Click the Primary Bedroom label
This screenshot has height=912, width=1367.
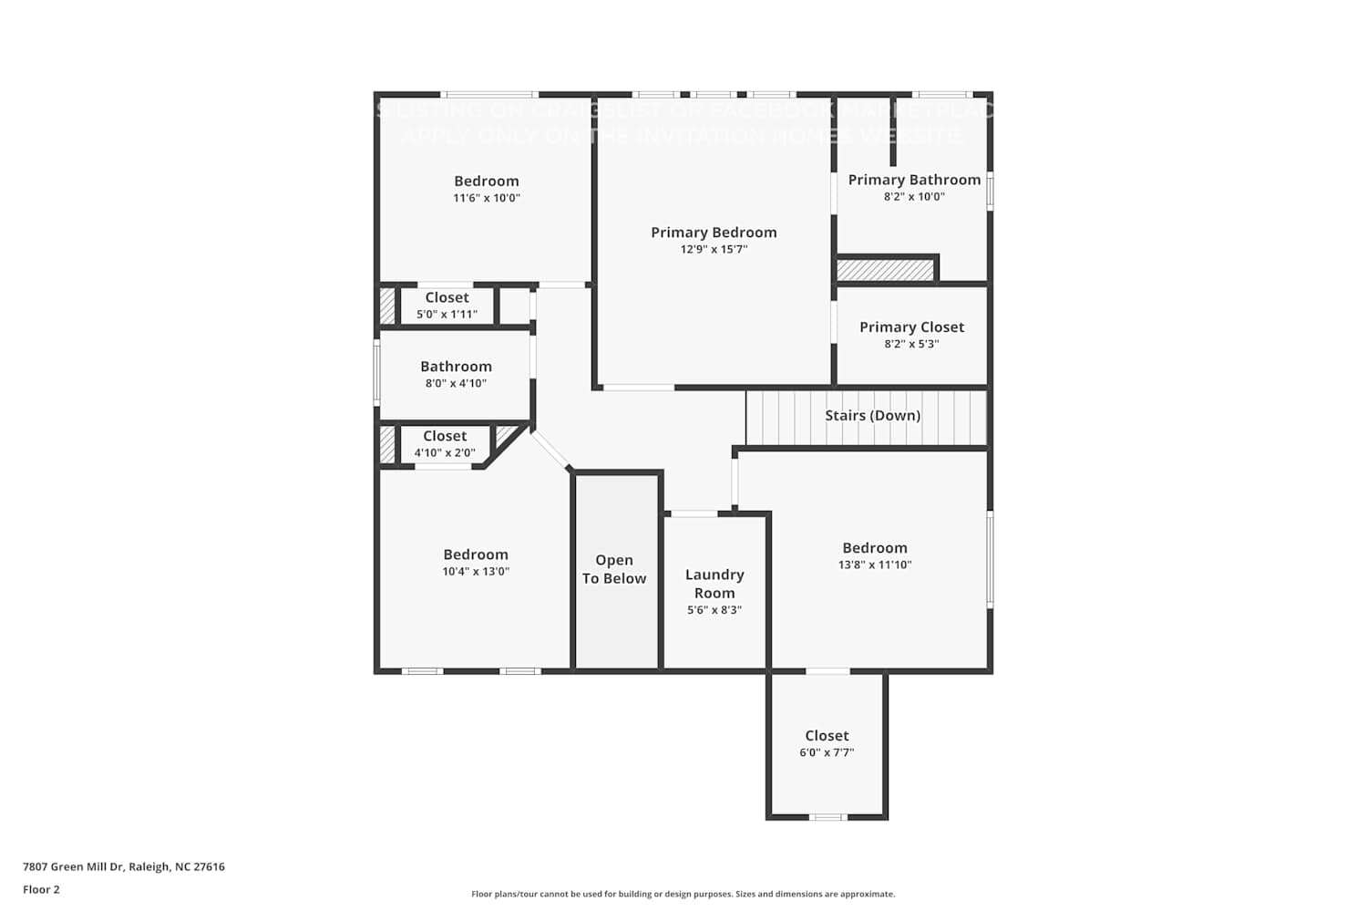pyautogui.click(x=714, y=233)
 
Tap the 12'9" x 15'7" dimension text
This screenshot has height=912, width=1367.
pyautogui.click(x=714, y=249)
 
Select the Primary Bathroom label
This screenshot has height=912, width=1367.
pyautogui.click(x=914, y=180)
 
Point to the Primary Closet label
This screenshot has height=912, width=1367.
pyautogui.click(x=911, y=326)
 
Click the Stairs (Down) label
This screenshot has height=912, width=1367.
pyautogui.click(x=872, y=415)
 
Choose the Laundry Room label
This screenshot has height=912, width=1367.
pyautogui.click(x=714, y=584)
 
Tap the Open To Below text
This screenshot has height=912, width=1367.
pyautogui.click(x=614, y=569)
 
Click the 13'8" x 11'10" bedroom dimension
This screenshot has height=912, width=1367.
pyautogui.click(x=875, y=565)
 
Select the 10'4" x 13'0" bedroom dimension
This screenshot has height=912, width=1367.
pyautogui.click(x=476, y=572)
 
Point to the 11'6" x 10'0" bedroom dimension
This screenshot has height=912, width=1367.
pyautogui.click(x=487, y=198)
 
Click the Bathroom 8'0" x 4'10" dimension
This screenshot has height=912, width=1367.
pyautogui.click(x=456, y=383)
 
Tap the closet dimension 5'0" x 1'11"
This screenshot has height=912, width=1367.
pyautogui.click(x=447, y=315)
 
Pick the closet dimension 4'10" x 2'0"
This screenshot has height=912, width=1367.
pyautogui.click(x=445, y=452)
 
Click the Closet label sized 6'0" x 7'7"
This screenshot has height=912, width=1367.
pyautogui.click(x=827, y=735)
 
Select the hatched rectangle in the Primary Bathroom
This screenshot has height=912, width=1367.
pyautogui.click(x=886, y=270)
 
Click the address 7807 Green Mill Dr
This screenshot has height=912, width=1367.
pyautogui.click(x=123, y=866)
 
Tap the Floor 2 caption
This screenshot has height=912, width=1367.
pyautogui.click(x=41, y=889)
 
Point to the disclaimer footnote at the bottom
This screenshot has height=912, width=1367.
pyautogui.click(x=683, y=894)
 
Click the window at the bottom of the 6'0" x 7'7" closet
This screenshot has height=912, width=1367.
pyautogui.click(x=827, y=817)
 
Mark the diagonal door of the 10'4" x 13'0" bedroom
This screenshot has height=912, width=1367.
pyautogui.click(x=550, y=450)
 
